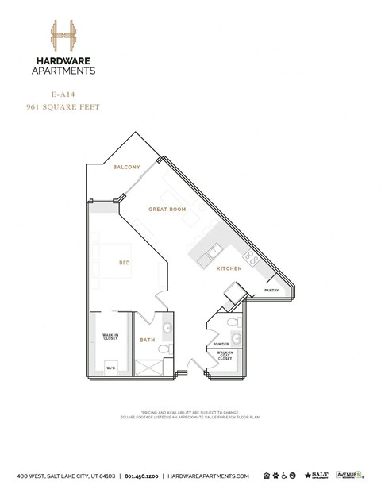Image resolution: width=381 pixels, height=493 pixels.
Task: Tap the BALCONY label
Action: pyautogui.click(x=126, y=168)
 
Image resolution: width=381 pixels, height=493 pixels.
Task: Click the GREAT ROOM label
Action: pyautogui.click(x=167, y=210)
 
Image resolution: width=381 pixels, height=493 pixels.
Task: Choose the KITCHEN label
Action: pyautogui.click(x=229, y=269)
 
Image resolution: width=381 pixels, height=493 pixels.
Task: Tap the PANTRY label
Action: pyautogui.click(x=272, y=291)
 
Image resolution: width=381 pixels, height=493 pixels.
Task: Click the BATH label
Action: pyautogui.click(x=148, y=341)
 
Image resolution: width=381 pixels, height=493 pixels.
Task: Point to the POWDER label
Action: pyautogui.click(x=221, y=344)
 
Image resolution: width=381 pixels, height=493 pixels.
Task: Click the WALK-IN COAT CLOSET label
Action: pyautogui.click(x=225, y=356)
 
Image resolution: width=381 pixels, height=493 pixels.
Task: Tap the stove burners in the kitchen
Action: pyautogui.click(x=250, y=256)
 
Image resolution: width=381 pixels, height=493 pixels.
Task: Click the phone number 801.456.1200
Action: pyautogui.click(x=143, y=475)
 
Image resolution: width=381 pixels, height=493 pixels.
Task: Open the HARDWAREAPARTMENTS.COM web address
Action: pyautogui.click(x=209, y=475)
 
